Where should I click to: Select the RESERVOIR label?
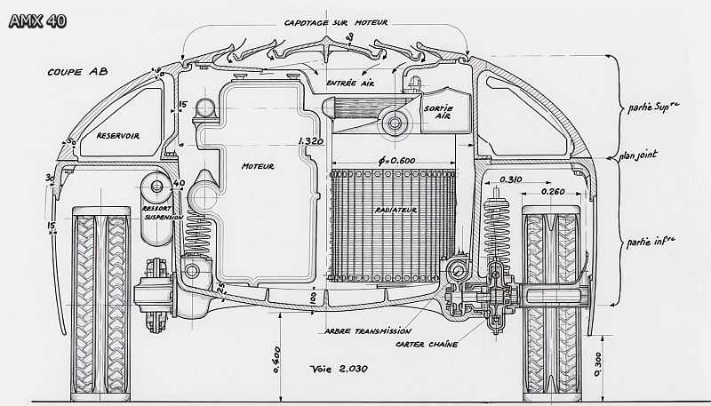[x=118, y=135]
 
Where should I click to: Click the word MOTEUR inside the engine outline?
[x=258, y=166]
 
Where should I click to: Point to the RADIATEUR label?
[x=395, y=210]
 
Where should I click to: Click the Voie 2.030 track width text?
[x=339, y=368]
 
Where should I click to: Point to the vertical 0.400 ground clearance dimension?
[x=277, y=361]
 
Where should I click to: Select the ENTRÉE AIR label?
[x=349, y=84]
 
